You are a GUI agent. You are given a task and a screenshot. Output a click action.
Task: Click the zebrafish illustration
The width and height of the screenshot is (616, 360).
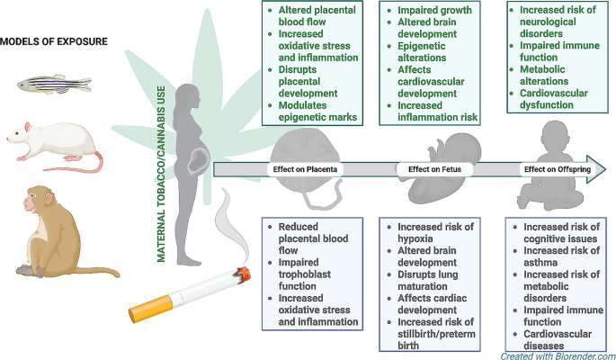click(x=54, y=84)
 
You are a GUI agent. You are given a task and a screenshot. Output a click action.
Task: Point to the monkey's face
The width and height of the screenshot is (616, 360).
click(x=31, y=202)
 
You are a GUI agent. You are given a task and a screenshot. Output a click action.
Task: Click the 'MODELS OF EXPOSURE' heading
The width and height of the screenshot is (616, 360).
click(x=54, y=41)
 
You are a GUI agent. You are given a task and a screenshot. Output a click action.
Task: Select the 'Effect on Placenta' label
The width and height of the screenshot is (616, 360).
click(x=305, y=169)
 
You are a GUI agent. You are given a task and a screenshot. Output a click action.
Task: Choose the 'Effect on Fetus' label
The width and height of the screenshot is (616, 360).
click(x=434, y=169)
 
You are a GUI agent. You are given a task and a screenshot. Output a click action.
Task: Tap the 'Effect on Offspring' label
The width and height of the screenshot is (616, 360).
click(x=558, y=169)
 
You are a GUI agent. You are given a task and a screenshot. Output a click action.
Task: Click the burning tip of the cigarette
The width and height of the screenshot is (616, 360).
click(x=243, y=274)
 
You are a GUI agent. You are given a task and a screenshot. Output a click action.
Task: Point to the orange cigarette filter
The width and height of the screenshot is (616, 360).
click(x=151, y=308)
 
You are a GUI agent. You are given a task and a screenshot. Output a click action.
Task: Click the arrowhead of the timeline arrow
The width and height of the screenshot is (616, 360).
click(x=596, y=169)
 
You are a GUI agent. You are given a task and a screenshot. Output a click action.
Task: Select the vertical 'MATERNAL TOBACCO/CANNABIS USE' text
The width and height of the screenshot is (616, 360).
click(x=161, y=174)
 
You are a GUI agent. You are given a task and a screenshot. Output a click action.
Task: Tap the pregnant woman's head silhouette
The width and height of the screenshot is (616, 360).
click(x=190, y=96)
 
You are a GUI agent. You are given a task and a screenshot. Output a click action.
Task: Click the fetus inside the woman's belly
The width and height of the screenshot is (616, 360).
click(x=199, y=161)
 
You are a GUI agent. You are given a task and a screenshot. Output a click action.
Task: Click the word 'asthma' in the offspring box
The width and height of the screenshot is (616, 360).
click(x=540, y=263)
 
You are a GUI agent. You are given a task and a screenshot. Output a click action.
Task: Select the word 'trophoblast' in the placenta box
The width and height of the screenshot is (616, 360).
click(x=305, y=274)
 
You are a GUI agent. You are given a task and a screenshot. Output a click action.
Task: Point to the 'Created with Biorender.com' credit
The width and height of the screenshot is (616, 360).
click(x=558, y=356)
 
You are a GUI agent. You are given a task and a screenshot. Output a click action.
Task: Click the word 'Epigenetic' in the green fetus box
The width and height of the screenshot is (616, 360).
click(x=422, y=46)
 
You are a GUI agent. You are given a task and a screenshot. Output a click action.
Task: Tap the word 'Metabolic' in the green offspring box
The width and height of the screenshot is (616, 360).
click(x=542, y=69)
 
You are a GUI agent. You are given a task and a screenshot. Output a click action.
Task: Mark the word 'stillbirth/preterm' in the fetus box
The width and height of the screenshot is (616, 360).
click(x=436, y=334)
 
